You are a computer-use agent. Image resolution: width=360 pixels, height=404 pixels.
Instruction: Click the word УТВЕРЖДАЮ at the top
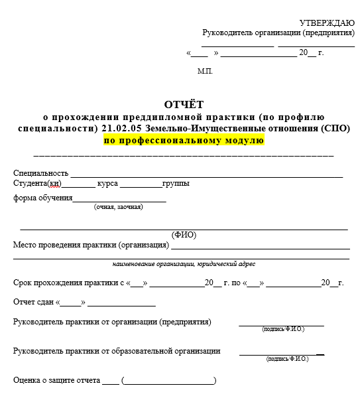click(x=327, y=23)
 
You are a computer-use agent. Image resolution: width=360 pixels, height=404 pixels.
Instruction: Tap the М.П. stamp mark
click(x=205, y=71)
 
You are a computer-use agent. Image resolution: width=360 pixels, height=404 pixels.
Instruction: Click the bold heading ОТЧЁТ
click(x=184, y=104)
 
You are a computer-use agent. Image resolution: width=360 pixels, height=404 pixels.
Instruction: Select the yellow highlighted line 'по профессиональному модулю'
click(x=184, y=140)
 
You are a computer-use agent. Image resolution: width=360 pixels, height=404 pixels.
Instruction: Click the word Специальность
click(x=41, y=173)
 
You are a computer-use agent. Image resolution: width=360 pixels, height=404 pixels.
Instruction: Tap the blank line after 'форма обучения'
click(x=119, y=198)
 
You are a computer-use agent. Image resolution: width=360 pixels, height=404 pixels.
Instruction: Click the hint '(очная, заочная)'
click(x=118, y=207)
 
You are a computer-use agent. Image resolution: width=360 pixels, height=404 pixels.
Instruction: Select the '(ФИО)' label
click(x=184, y=235)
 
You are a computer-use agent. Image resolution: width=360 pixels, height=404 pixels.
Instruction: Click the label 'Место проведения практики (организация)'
click(x=91, y=245)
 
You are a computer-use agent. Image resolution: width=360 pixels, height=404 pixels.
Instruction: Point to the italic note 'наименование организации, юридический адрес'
click(x=184, y=263)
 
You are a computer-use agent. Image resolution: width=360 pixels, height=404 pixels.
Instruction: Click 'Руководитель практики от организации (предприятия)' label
click(x=112, y=322)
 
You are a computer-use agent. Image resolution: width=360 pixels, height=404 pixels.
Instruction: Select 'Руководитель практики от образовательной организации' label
click(x=117, y=351)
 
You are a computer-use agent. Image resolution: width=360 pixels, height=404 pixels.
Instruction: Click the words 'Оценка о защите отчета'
click(x=57, y=381)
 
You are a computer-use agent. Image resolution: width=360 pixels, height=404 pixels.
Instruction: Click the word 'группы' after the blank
click(x=176, y=183)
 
